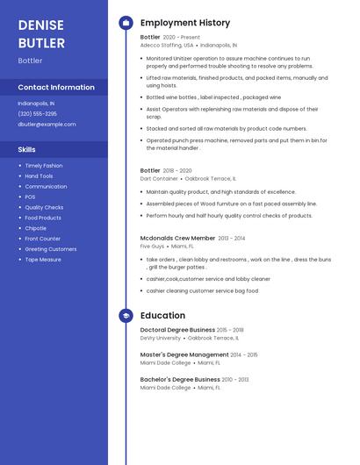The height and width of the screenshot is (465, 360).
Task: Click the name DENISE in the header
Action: tap(41, 25)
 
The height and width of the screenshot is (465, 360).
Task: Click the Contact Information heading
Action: tap(56, 87)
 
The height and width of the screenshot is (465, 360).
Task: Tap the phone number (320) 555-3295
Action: tap(37, 113)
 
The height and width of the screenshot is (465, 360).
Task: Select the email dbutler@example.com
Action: tap(47, 124)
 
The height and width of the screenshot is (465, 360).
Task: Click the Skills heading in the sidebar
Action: tap(26, 149)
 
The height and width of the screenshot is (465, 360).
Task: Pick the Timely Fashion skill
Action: tap(44, 165)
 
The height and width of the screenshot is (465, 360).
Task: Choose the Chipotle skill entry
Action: tap(35, 228)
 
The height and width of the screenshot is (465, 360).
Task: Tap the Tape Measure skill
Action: tap(43, 260)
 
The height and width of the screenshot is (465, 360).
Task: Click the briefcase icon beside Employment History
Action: tap(126, 23)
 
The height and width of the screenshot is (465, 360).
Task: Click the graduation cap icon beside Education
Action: tap(126, 316)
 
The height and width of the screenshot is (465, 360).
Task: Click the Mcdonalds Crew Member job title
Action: tap(177, 238)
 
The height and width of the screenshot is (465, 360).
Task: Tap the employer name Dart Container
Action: tap(159, 178)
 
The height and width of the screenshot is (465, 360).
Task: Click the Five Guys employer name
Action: tap(152, 246)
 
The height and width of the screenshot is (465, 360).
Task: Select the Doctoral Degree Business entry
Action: tap(176, 330)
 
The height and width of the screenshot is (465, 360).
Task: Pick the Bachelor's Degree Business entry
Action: tap(180, 380)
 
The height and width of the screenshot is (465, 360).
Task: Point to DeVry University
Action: tap(160, 338)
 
